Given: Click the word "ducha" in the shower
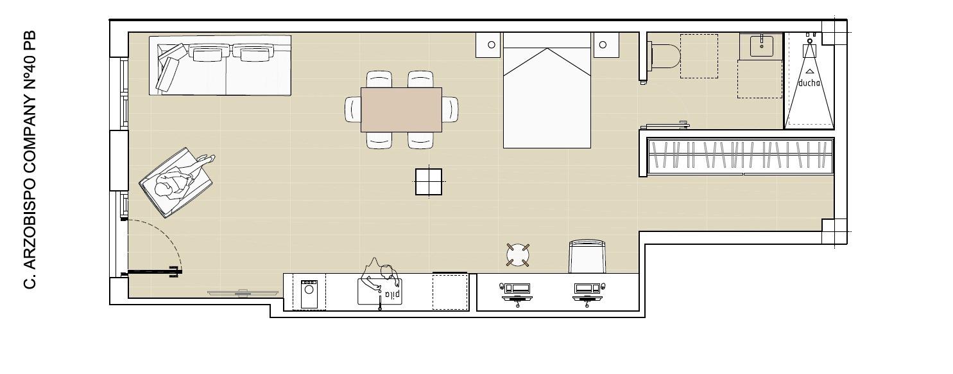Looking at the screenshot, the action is tap(809, 83).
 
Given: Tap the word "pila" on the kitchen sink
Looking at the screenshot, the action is tap(392, 294).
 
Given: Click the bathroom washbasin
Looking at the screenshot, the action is tap(761, 46).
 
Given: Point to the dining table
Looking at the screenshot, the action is tap(401, 110).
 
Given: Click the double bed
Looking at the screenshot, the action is tap(547, 91).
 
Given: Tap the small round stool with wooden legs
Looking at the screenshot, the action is tap(518, 254).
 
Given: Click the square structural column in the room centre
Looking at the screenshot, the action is tap(429, 181).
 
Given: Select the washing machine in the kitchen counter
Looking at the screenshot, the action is tap(309, 294).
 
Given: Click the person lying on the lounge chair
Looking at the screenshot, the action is tap(182, 178).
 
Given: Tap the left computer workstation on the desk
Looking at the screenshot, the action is tap(516, 293).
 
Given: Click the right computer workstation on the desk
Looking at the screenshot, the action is tap(588, 293).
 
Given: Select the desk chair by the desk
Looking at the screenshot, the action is tap(587, 256).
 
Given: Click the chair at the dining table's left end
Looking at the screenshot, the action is tap(353, 109).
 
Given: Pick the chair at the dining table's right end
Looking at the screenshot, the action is tap(450, 109).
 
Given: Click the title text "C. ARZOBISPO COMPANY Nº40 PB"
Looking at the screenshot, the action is tap(30, 160).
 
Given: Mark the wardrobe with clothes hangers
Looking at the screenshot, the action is tap(740, 156).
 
